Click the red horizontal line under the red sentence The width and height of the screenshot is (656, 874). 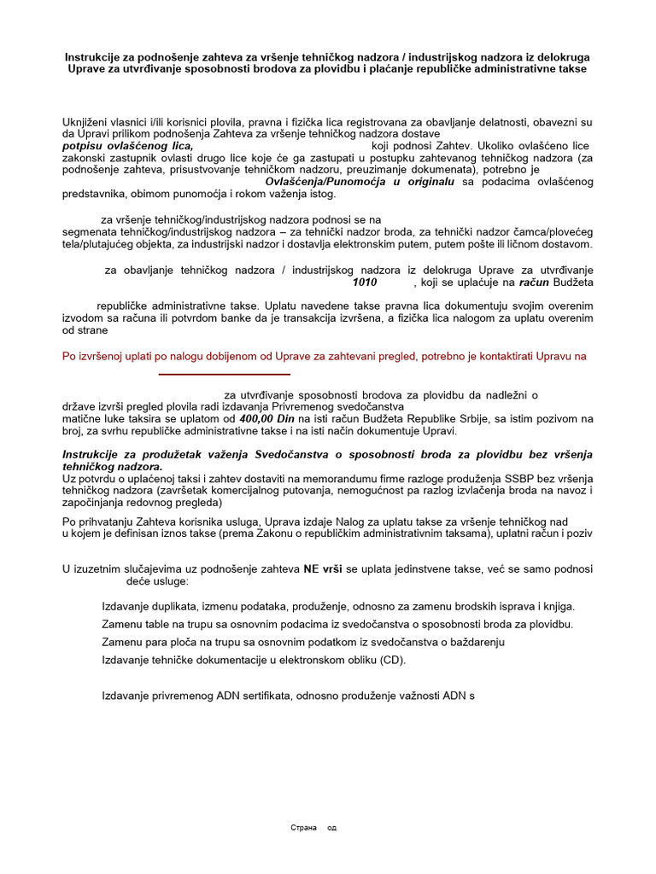click(x=225, y=374)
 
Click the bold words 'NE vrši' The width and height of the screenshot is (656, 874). click(x=322, y=568)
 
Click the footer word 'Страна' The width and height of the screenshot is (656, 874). click(x=303, y=827)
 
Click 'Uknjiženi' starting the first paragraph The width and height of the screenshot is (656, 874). click(x=87, y=122)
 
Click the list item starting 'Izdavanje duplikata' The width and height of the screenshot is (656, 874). click(x=337, y=606)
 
